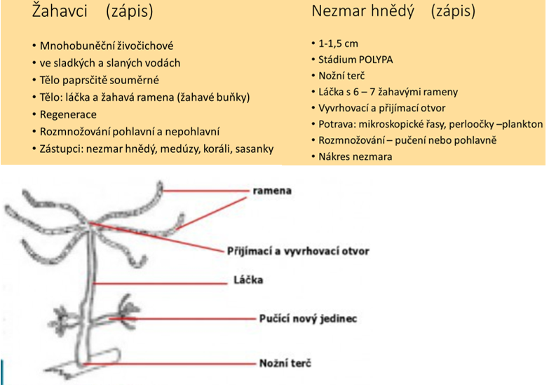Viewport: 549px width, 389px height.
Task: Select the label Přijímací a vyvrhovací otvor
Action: [297, 250]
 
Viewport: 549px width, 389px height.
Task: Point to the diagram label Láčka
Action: [248, 280]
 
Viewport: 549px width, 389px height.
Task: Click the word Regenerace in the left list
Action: [69, 114]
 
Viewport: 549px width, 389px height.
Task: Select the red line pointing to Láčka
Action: [168, 282]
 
